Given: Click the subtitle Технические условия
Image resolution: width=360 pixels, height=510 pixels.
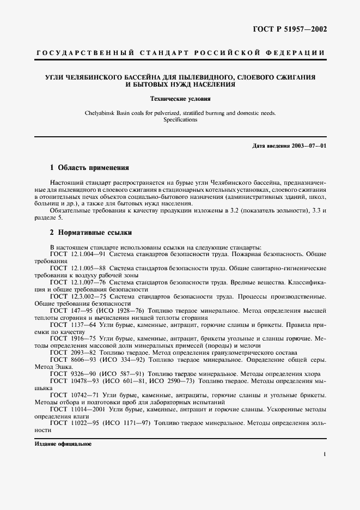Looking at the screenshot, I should pos(180,99).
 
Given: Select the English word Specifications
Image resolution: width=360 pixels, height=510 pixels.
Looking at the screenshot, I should pos(180,119).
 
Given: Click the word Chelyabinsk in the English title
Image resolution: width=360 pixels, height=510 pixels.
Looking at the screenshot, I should pos(97,113).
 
